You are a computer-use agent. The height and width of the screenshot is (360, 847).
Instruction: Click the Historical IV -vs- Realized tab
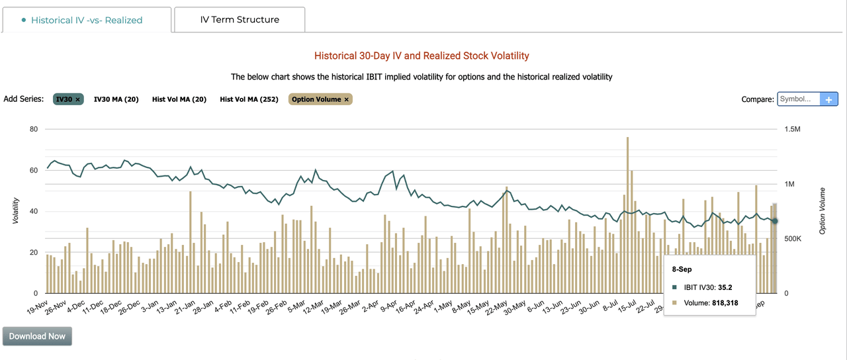[x=87, y=20]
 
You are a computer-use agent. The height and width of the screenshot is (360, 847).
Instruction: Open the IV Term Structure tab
[x=240, y=20]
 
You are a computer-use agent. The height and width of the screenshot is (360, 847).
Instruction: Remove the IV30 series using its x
[x=77, y=99]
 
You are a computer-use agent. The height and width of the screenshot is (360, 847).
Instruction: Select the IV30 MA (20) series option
[x=116, y=99]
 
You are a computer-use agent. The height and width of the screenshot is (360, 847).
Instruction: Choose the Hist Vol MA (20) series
[x=179, y=99]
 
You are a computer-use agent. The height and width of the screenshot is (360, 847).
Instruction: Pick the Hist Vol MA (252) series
[x=249, y=99]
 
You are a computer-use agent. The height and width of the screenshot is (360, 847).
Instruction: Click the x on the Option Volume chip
[x=346, y=99]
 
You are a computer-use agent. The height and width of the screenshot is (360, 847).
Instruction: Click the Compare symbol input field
[x=799, y=99]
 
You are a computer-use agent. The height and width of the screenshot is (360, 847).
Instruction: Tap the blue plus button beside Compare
[x=829, y=99]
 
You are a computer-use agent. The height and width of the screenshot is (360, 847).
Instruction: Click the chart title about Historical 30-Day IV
[x=422, y=56]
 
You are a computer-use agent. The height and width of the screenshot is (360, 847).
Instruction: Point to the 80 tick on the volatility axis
[x=34, y=129]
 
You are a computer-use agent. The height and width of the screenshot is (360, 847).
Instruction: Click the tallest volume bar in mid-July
[x=627, y=212]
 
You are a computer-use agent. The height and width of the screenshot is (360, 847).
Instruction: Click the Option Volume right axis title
[x=823, y=211]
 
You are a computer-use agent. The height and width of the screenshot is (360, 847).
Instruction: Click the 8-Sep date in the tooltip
[x=682, y=270]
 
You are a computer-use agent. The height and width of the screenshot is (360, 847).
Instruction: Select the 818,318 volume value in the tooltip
[x=720, y=303]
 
